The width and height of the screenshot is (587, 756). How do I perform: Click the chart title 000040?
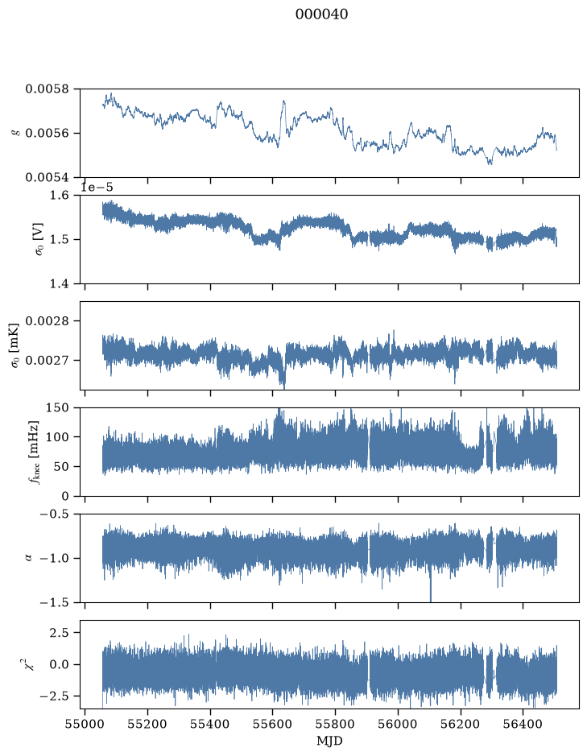pyautogui.click(x=321, y=14)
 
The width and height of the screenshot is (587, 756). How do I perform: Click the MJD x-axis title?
pyautogui.click(x=329, y=741)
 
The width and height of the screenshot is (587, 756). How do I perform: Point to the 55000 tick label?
pyautogui.click(x=85, y=724)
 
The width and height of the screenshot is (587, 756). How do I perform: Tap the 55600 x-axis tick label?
pyautogui.click(x=272, y=724)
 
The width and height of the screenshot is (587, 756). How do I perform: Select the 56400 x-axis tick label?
pyautogui.click(x=523, y=724)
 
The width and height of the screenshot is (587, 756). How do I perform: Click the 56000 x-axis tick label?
pyautogui.click(x=398, y=724)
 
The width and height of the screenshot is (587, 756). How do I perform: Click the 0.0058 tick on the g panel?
pyautogui.click(x=48, y=89)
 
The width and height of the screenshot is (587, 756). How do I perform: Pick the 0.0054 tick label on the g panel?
pyautogui.click(x=48, y=177)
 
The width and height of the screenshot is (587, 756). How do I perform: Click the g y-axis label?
pyautogui.click(x=17, y=133)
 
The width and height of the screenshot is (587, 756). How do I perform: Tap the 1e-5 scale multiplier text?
pyautogui.click(x=97, y=188)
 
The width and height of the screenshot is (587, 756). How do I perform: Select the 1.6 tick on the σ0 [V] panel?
pyautogui.click(x=60, y=196)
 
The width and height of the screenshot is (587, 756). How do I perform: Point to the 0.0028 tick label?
pyautogui.click(x=48, y=321)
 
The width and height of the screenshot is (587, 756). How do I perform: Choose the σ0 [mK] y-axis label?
pyautogui.click(x=15, y=345)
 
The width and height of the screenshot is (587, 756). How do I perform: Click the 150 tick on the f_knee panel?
pyautogui.click(x=57, y=408)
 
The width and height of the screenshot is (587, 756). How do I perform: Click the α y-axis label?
pyautogui.click(x=29, y=558)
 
